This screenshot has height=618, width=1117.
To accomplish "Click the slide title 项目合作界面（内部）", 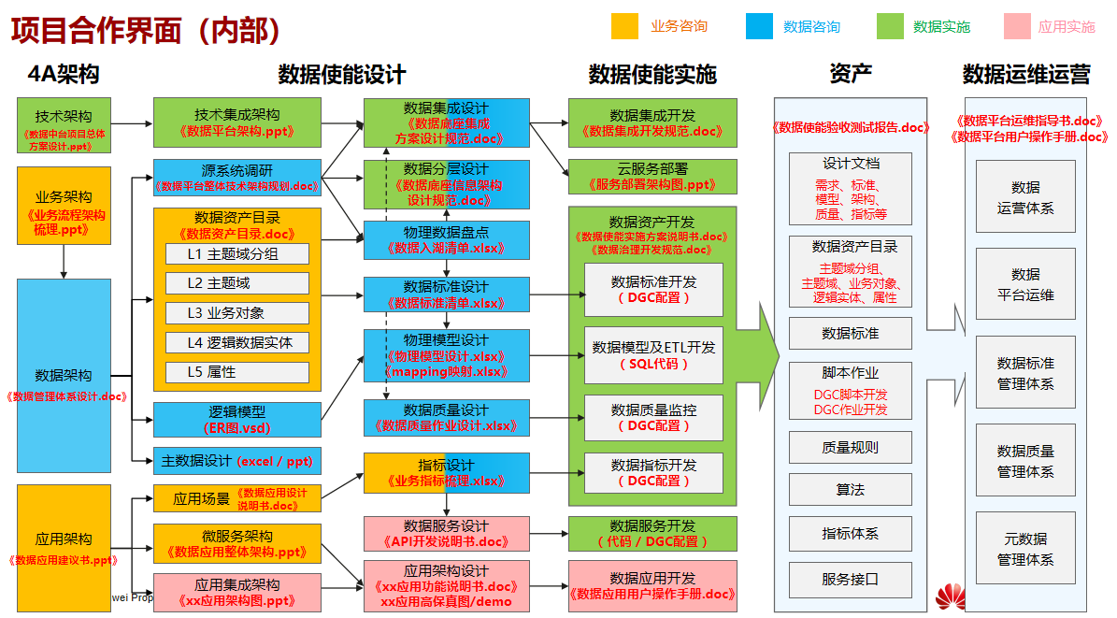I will [x=146, y=31].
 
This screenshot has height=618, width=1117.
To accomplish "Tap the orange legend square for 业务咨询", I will [x=624, y=26].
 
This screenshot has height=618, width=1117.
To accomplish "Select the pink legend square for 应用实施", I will [x=1015, y=26].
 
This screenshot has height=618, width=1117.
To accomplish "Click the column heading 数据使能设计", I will [x=341, y=74].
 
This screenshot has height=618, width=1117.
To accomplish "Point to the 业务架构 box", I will [x=64, y=205].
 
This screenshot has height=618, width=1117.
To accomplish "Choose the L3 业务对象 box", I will [x=236, y=313].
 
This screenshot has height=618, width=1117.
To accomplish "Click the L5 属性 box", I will [x=236, y=372].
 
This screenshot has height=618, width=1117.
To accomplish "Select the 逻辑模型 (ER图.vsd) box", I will [x=236, y=420].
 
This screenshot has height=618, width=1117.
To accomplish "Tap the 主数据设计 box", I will [x=236, y=461].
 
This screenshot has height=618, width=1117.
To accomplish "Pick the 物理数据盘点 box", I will [x=446, y=239].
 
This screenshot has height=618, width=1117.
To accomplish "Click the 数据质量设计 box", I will [x=446, y=417].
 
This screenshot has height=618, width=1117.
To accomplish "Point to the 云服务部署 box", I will [x=652, y=176].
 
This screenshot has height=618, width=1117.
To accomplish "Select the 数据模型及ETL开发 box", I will [x=653, y=354].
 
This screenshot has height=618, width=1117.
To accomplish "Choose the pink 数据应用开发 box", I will [x=652, y=585].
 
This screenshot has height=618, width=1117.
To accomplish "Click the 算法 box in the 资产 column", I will [x=850, y=489].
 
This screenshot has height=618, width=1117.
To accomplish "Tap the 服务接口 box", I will [x=850, y=579].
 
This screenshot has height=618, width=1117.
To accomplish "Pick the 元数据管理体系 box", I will [x=1024, y=549].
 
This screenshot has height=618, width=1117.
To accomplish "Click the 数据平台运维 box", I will [x=1024, y=284].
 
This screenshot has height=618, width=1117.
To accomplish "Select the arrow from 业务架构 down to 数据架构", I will [x=64, y=261].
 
